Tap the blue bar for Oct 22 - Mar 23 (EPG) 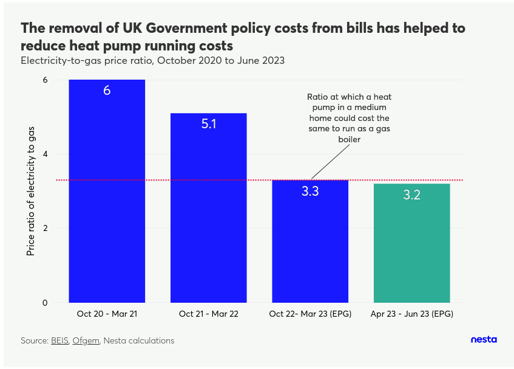pyautogui.click(x=309, y=249)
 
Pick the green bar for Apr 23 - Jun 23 pyautogui.click(x=411, y=249)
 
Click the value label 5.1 pyautogui.click(x=208, y=124)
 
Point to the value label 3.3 pyautogui.click(x=309, y=191)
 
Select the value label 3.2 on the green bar pyautogui.click(x=411, y=195)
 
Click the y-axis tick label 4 pyautogui.click(x=44, y=154)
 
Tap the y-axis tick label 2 pyautogui.click(x=44, y=229)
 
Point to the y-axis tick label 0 pyautogui.click(x=44, y=303)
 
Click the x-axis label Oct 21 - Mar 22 pyautogui.click(x=208, y=314)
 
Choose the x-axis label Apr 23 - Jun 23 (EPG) pyautogui.click(x=411, y=314)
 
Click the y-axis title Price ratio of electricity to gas pyautogui.click(x=30, y=191)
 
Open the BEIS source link pyautogui.click(x=59, y=341)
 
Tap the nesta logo pyautogui.click(x=484, y=340)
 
